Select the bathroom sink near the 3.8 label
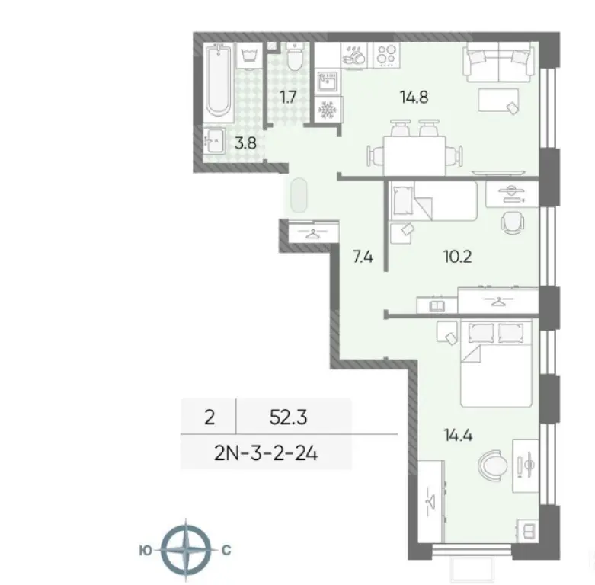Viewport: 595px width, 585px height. point(214,142)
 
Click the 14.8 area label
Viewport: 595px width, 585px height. point(415,97)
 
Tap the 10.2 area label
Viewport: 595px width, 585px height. point(457,257)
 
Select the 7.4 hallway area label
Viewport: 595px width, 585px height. point(363,257)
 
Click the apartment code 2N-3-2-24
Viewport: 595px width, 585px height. point(266,455)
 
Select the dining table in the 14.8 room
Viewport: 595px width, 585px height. point(415,147)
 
